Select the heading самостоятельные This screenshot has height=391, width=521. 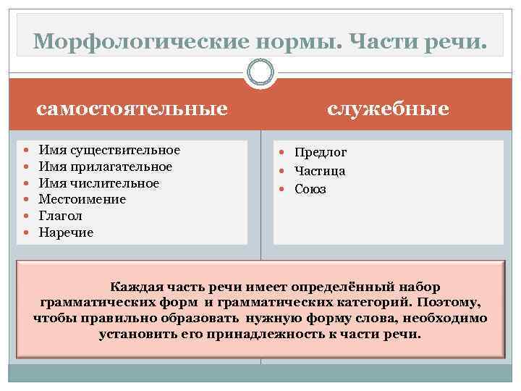(x=132, y=109)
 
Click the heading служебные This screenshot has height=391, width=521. (x=388, y=109)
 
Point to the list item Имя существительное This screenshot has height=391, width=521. (x=109, y=150)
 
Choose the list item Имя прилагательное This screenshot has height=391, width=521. (x=106, y=167)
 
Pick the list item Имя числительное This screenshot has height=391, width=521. (x=99, y=183)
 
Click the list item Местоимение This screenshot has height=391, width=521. (x=82, y=199)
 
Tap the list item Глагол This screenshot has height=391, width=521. (x=60, y=216)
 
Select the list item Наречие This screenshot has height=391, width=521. (x=66, y=232)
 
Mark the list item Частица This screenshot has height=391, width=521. (x=319, y=172)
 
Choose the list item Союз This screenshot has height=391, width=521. (x=310, y=190)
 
